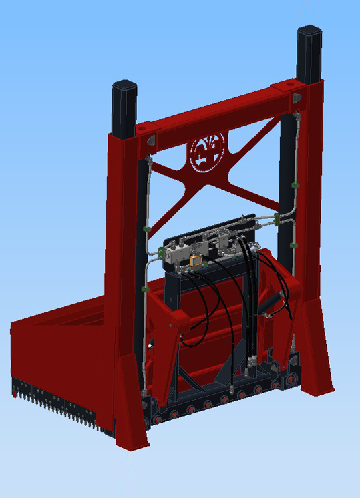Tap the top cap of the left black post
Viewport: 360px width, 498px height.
[125, 87]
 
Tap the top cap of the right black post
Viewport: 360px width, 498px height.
[310, 31]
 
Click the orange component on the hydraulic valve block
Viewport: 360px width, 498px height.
[195, 261]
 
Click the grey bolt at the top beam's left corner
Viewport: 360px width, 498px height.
[151, 140]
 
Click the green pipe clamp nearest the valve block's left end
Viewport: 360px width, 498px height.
[162, 252]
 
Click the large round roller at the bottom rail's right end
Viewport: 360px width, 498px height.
[292, 379]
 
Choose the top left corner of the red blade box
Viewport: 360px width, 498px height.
[13, 324]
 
